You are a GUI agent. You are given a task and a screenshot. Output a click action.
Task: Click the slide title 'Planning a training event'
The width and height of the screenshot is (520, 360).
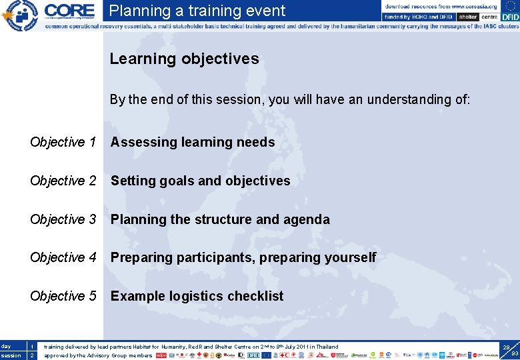point(197,11)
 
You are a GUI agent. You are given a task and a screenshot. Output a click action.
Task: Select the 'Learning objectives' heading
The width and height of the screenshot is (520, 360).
point(184,59)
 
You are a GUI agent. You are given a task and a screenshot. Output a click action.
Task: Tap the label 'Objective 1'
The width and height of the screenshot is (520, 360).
point(63,142)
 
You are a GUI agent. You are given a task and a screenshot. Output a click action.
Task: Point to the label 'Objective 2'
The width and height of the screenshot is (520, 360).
point(63,181)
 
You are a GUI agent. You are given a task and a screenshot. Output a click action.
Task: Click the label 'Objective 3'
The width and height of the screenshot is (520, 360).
point(63,219)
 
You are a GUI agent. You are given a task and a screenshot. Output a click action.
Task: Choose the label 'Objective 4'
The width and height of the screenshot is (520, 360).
point(63,257)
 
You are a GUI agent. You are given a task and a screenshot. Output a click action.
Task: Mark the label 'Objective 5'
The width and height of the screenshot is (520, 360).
point(63,296)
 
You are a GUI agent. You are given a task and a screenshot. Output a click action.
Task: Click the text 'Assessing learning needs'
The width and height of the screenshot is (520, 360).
point(192,142)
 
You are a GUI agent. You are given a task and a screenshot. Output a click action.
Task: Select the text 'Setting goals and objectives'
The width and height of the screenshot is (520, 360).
point(200,181)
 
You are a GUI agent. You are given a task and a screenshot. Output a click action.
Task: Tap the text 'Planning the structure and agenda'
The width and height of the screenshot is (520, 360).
point(220,219)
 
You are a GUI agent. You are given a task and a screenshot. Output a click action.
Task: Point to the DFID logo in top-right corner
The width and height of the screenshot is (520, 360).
point(509,17)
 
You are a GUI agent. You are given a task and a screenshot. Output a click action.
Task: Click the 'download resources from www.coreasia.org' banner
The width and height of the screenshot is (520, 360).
point(440,6)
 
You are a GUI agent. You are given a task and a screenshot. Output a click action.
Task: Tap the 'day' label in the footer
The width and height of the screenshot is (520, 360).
point(7,347)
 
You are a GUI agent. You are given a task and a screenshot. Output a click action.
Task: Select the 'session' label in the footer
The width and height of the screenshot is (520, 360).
point(10,355)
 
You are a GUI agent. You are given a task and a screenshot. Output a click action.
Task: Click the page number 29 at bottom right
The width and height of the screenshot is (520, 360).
point(507,347)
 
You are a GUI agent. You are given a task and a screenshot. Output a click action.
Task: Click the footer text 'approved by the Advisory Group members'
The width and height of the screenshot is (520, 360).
point(98,355)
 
